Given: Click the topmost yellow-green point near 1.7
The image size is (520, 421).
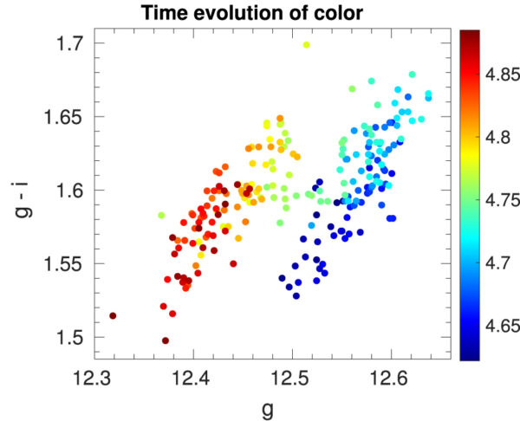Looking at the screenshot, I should point(306,45).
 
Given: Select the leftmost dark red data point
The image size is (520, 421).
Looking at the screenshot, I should point(113,316).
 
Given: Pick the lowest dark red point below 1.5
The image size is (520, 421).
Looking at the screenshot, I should point(165,340).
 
